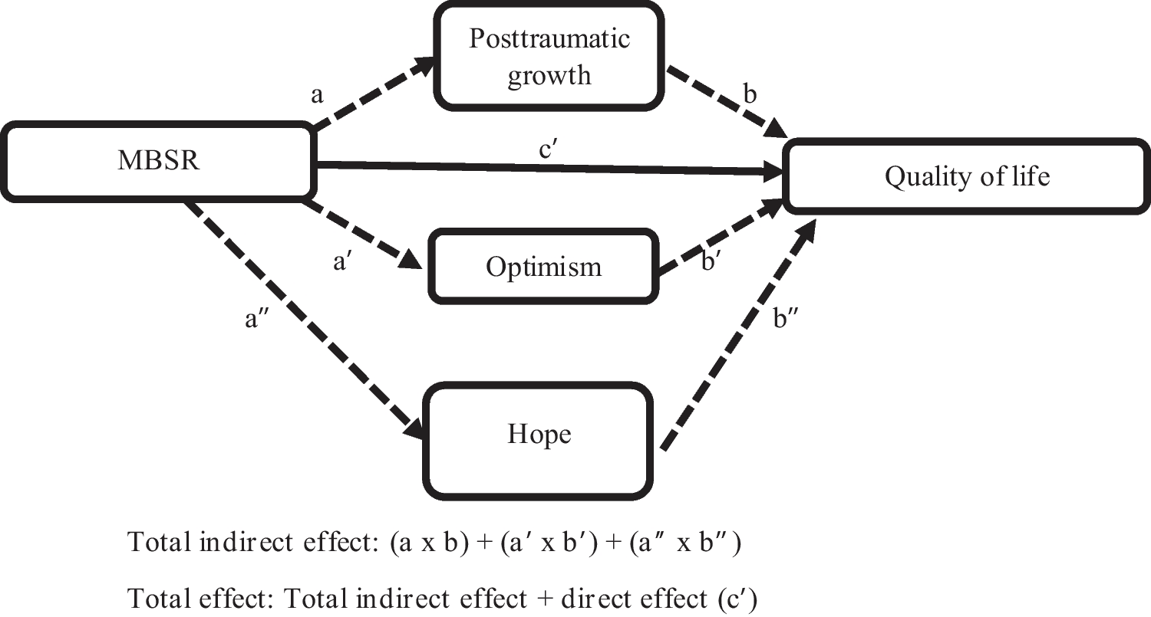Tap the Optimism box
coord(543,267)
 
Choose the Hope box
coord(539,435)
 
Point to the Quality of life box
coord(966,176)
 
